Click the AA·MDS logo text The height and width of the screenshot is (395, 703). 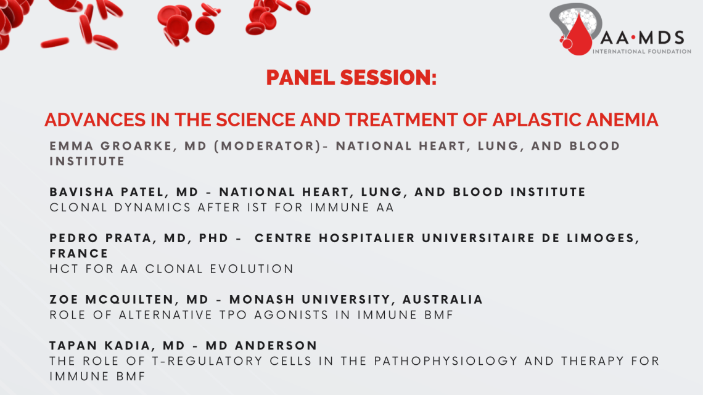click(641, 36)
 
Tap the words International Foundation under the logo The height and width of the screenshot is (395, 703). click(641, 52)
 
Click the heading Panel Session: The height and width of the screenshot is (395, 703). click(351, 78)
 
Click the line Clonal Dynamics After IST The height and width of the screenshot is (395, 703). click(222, 208)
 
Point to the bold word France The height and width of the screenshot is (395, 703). click(79, 253)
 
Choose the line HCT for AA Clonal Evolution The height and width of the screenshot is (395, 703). click(171, 269)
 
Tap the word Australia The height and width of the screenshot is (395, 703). click(443, 299)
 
